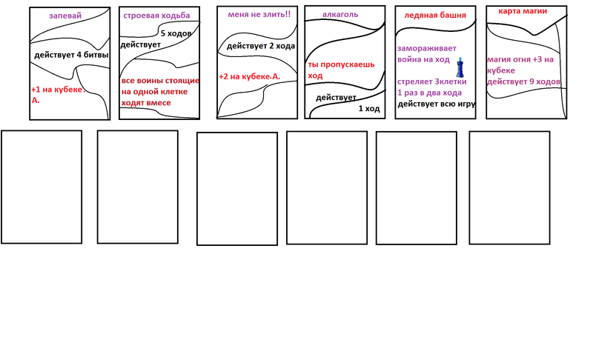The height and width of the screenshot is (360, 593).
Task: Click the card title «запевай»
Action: (x=65, y=16)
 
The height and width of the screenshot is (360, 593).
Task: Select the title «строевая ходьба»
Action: (x=156, y=16)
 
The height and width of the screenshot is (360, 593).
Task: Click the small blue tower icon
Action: (x=460, y=70)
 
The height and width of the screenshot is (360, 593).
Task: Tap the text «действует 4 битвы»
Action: (x=71, y=56)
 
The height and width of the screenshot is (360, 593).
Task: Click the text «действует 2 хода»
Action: (x=261, y=47)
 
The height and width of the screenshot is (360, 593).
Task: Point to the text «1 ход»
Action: (x=369, y=108)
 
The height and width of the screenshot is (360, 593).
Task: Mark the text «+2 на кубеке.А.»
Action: (x=249, y=76)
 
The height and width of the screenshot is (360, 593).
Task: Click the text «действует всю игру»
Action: (x=436, y=104)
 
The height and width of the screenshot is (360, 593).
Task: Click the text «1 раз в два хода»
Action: (x=429, y=93)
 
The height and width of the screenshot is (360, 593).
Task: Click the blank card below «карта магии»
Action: (x=509, y=186)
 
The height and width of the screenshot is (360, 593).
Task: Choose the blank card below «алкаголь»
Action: (x=327, y=187)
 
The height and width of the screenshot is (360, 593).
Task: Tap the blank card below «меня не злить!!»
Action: (x=236, y=188)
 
